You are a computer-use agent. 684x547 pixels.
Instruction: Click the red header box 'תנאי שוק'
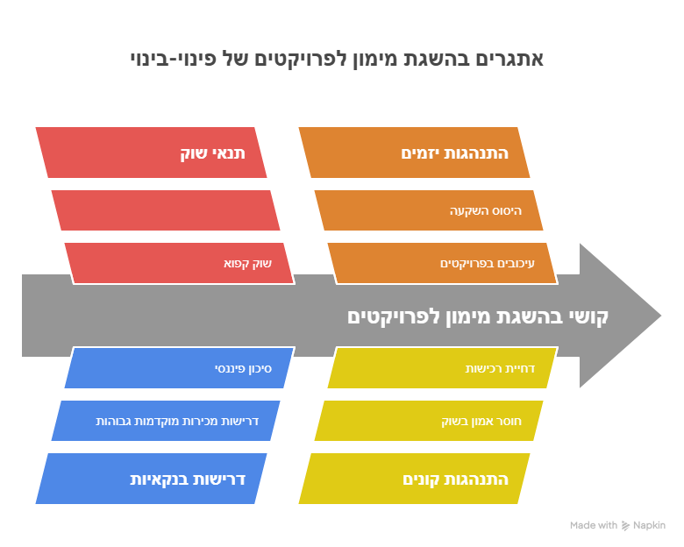(x=151, y=153)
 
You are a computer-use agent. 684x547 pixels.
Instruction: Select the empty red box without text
(x=166, y=210)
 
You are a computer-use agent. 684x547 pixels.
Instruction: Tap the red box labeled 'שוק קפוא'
(x=179, y=264)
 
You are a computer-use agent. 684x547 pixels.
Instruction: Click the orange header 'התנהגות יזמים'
(x=414, y=153)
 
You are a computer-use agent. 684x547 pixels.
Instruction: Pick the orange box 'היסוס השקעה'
(x=429, y=210)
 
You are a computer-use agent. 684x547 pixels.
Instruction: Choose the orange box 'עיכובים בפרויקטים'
(x=442, y=264)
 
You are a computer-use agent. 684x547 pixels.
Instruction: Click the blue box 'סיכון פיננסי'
(x=179, y=367)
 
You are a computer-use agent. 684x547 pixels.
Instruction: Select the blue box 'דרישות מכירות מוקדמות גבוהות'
(x=166, y=421)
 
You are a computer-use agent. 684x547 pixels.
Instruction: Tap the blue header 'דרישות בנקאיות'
(x=151, y=479)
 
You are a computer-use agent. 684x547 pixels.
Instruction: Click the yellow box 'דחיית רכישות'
(x=442, y=367)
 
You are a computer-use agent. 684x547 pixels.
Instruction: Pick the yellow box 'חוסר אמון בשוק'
(x=429, y=421)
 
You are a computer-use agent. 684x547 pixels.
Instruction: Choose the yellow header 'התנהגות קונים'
(x=414, y=479)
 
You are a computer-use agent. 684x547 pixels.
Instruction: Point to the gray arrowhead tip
(x=661, y=316)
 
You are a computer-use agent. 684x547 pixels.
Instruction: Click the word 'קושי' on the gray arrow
(x=588, y=317)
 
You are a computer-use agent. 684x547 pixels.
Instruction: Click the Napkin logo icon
(x=625, y=526)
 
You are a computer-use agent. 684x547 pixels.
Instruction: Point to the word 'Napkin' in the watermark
(x=649, y=525)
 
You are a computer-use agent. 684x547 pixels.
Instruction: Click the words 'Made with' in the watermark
(x=594, y=525)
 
